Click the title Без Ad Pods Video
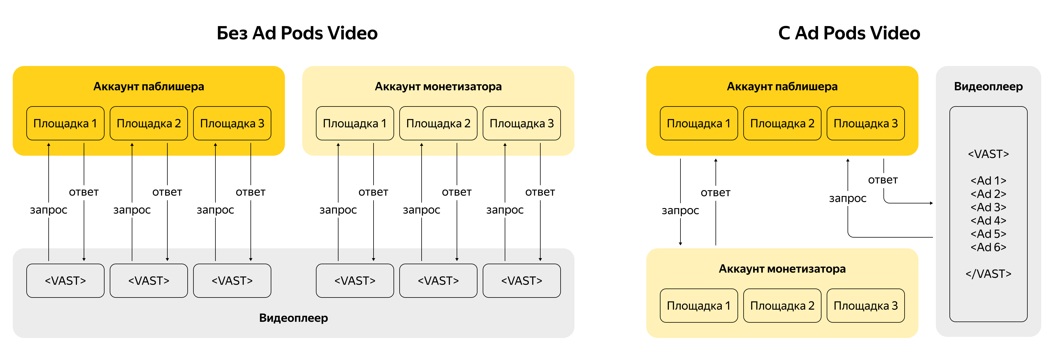tap(297, 33)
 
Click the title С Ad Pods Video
tap(849, 33)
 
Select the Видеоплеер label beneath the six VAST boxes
tap(293, 318)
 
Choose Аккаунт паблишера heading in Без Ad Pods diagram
tap(149, 86)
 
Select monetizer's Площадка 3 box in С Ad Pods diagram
tap(865, 306)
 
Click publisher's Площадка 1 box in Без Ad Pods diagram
tap(65, 123)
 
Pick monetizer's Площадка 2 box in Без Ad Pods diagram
tap(438, 123)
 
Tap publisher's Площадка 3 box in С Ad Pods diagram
tap(865, 123)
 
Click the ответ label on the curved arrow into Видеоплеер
tap(883, 180)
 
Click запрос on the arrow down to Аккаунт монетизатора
tap(680, 210)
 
